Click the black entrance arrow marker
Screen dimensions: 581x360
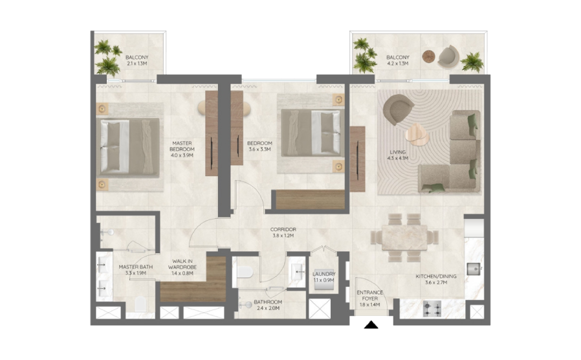(371, 325)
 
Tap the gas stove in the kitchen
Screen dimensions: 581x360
(432, 309)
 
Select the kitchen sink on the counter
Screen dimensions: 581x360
(474, 269)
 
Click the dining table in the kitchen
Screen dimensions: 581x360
(404, 237)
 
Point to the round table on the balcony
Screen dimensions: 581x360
(429, 56)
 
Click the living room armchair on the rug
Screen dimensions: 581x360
(398, 109)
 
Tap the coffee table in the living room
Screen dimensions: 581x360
(417, 134)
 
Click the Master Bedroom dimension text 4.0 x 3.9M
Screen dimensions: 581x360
(182, 155)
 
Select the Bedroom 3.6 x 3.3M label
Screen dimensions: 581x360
(259, 146)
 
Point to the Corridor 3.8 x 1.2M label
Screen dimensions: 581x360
(283, 232)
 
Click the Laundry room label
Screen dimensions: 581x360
(324, 274)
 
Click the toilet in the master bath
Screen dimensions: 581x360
(140, 304)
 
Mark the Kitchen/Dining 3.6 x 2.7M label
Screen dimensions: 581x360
(436, 279)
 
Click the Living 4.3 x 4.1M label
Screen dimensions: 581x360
(398, 155)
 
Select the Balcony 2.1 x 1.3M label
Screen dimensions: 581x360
(137, 60)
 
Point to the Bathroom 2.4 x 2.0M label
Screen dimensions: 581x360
(268, 305)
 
